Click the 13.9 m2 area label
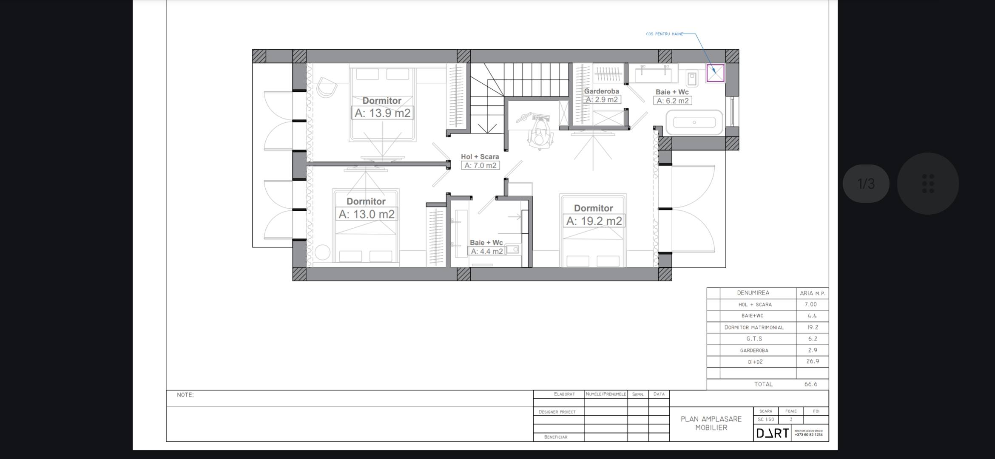click(382, 113)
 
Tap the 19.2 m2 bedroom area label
click(594, 221)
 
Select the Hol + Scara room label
click(480, 156)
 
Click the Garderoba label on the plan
click(601, 91)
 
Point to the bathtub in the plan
click(694, 122)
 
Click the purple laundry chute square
click(715, 73)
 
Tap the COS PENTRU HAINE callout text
click(665, 34)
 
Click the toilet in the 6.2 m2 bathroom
click(692, 78)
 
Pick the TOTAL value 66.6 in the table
click(811, 384)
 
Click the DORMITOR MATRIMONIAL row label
click(754, 327)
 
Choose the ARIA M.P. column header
click(813, 293)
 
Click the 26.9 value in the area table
click(813, 361)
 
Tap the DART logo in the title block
click(773, 433)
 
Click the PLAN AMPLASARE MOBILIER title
click(711, 423)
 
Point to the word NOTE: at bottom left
click(185, 395)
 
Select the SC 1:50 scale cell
click(766, 419)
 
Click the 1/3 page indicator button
click(866, 184)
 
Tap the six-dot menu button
click(928, 184)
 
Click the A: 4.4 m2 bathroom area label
click(487, 251)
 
